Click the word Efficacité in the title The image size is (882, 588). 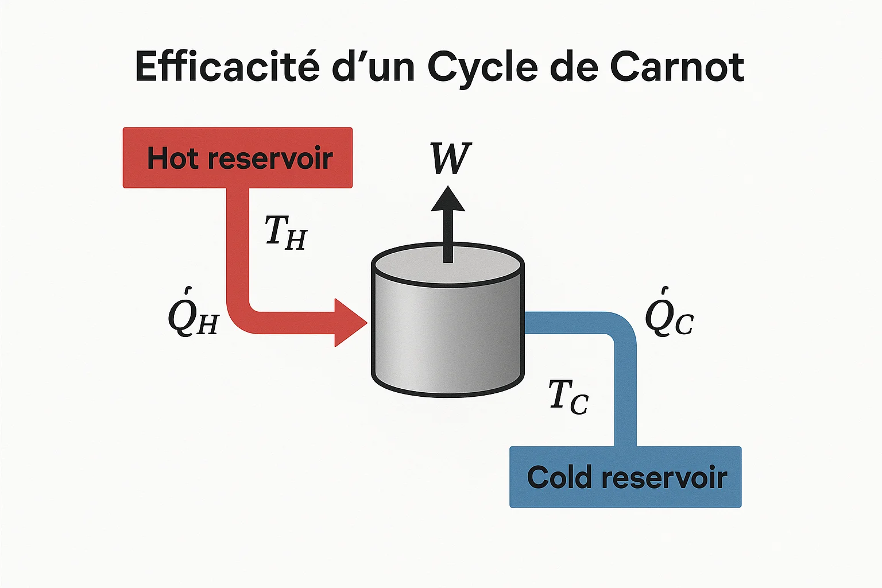coord(227,67)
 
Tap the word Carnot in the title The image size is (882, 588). coord(677,67)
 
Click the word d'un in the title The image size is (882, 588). coord(373,67)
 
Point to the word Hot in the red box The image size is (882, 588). coord(172,158)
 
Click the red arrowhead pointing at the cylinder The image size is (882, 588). coord(349,323)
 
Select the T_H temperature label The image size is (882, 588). coord(286,232)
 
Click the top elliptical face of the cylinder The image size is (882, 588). coord(448,265)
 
